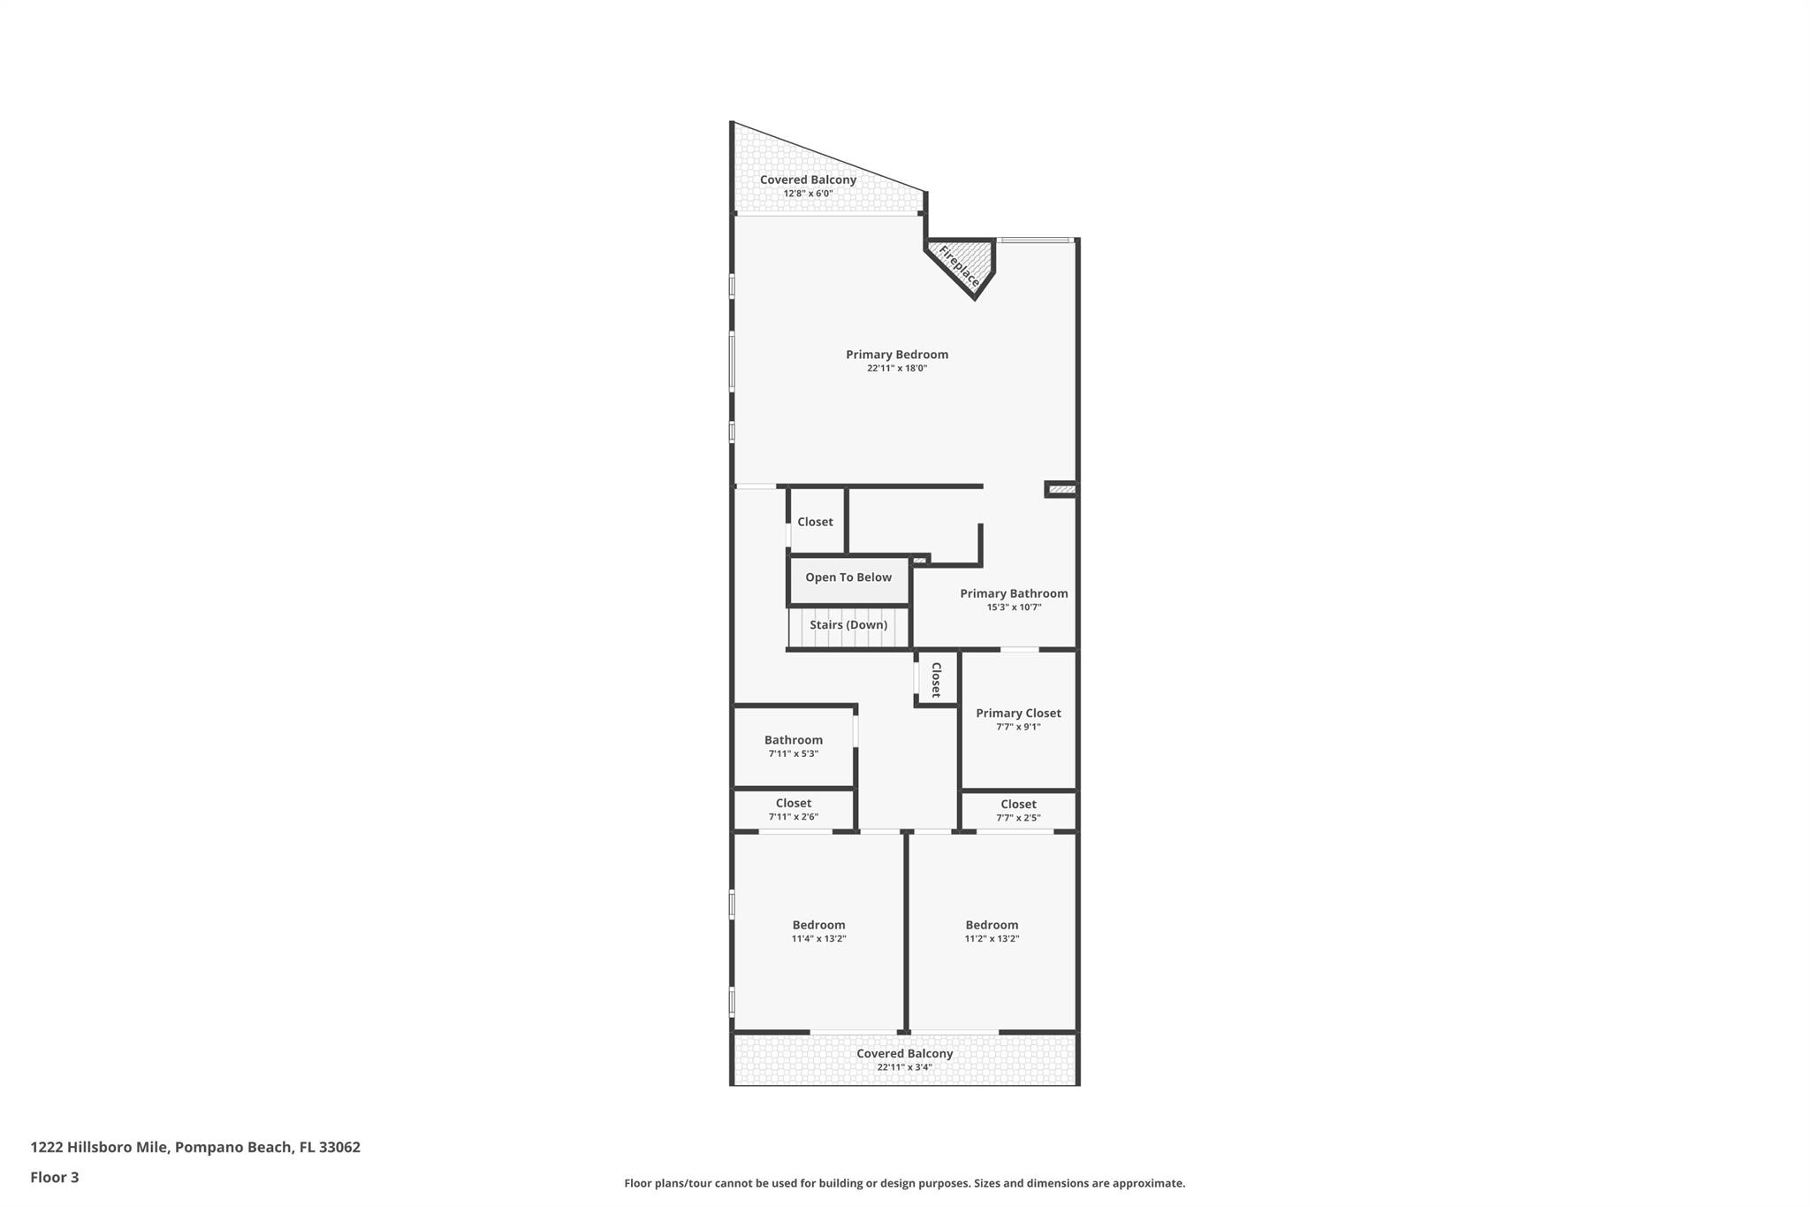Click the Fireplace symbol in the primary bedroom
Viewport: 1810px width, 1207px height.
click(x=960, y=265)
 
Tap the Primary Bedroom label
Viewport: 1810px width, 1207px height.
click(x=896, y=355)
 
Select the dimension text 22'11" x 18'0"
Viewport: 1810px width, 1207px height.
click(x=896, y=369)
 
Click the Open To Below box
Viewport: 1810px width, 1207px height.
click(x=848, y=578)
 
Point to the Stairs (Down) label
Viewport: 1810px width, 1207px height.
click(x=848, y=625)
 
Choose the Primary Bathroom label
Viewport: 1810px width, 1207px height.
click(x=1014, y=594)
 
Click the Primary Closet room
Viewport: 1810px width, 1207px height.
click(x=1018, y=719)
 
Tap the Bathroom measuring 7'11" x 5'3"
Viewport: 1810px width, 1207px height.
click(x=793, y=745)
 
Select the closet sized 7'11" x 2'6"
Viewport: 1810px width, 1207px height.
click(x=793, y=809)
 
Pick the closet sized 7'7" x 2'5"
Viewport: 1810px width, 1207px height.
click(x=1018, y=810)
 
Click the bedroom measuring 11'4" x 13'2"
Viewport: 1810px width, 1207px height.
click(x=818, y=931)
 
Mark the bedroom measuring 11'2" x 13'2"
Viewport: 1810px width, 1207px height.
click(x=992, y=931)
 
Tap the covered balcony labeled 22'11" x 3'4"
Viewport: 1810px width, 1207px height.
click(x=904, y=1059)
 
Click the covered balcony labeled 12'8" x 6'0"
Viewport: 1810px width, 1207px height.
click(x=808, y=186)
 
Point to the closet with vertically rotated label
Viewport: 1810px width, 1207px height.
click(x=936, y=679)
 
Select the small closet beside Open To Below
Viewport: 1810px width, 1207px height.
click(x=815, y=523)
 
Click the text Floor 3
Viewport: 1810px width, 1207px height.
click(x=55, y=1178)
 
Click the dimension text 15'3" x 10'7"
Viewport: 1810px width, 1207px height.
click(x=1014, y=607)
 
